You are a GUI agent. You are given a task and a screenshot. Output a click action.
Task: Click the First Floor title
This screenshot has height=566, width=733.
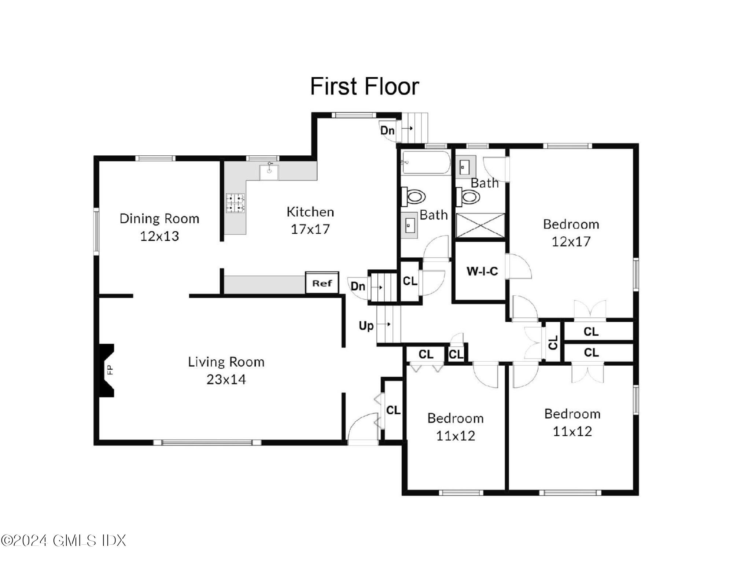click(364, 86)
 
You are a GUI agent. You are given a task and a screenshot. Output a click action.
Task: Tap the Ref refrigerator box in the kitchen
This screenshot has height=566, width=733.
click(322, 283)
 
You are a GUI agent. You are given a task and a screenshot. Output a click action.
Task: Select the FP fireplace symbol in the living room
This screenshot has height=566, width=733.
click(107, 370)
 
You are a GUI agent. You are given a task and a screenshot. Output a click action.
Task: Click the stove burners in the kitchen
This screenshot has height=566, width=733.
click(235, 203)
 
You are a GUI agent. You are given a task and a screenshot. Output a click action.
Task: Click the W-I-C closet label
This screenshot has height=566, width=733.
click(482, 271)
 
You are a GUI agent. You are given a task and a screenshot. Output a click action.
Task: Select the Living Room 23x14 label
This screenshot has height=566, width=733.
click(226, 370)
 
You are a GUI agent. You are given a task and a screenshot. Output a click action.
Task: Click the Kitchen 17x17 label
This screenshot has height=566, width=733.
click(310, 220)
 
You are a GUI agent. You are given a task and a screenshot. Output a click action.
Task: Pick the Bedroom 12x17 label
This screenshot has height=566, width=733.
click(571, 233)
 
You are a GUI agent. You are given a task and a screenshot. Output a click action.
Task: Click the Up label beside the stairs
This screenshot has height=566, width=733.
click(366, 325)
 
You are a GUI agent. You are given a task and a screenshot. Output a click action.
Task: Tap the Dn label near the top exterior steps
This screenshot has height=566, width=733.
click(387, 130)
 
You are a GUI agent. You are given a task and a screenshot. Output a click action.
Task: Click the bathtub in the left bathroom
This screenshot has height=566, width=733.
click(426, 162)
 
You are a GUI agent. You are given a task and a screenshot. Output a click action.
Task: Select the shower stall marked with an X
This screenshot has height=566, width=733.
click(480, 225)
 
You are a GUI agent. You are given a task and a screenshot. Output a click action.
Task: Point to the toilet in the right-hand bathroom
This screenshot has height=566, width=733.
click(469, 197)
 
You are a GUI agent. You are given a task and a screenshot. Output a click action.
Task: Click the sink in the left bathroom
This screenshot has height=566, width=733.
click(409, 225)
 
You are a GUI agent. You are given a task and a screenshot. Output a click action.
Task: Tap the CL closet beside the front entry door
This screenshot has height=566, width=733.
click(393, 410)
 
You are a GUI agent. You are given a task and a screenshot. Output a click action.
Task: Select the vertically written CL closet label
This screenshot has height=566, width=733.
click(553, 342)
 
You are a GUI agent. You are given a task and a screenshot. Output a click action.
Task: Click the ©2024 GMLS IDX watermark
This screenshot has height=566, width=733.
click(63, 540)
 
